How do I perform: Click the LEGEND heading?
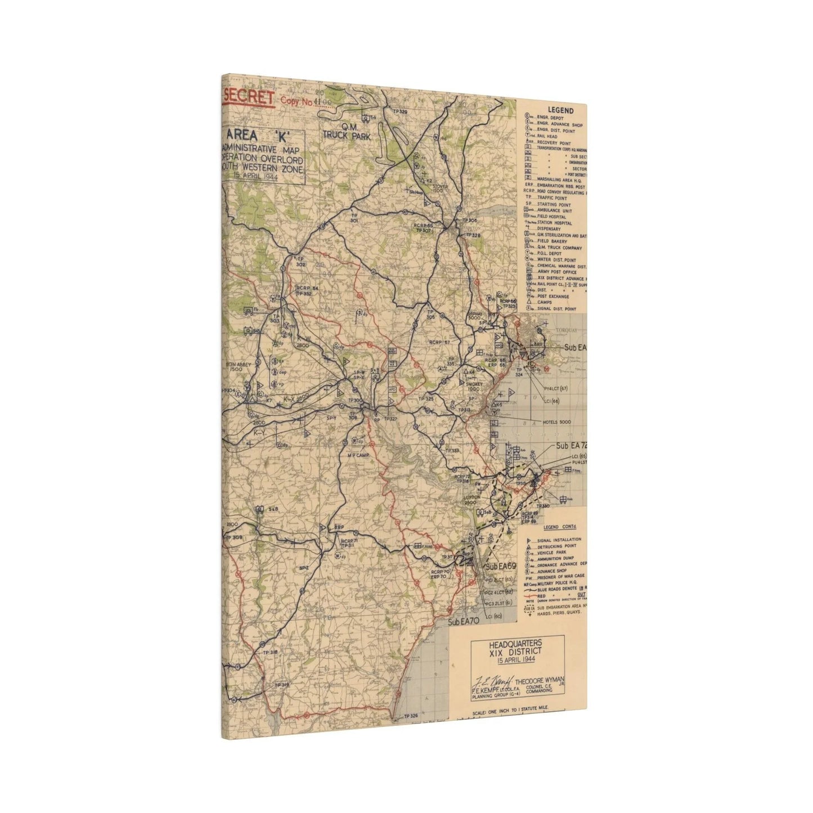coord(559,111)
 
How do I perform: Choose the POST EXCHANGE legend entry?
coord(554,297)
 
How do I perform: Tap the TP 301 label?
coord(354,218)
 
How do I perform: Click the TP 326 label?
coord(411,716)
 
